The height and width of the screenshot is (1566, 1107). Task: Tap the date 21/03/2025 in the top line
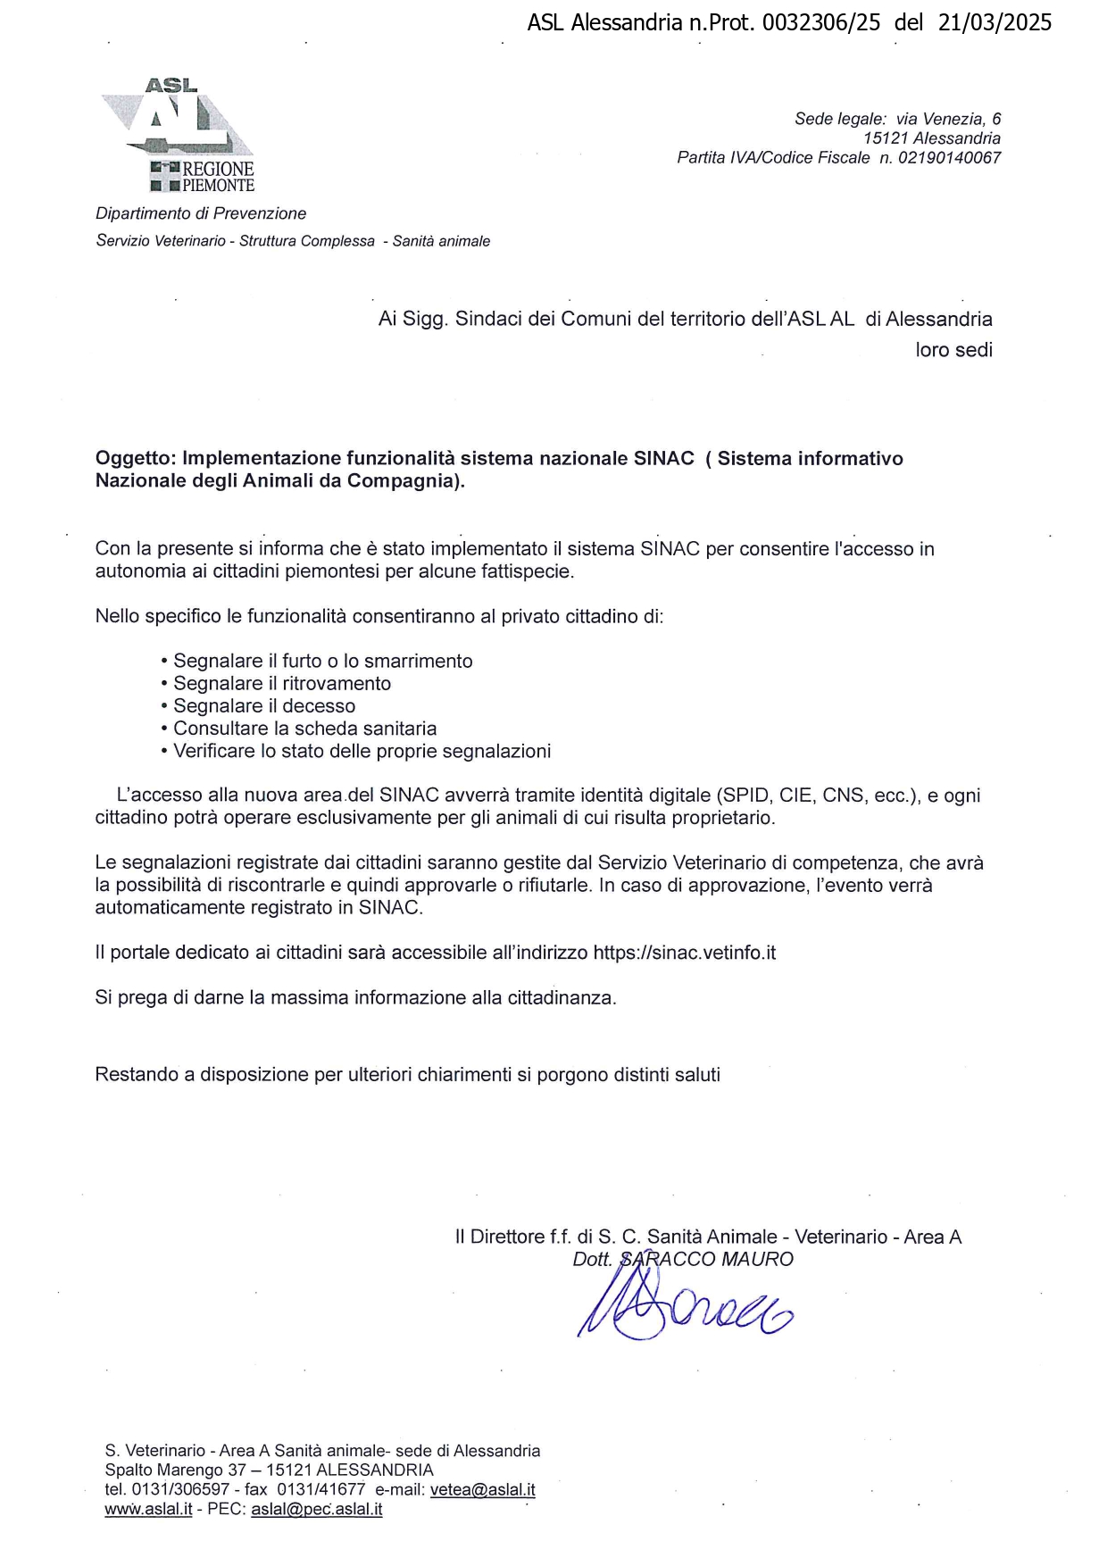click(995, 22)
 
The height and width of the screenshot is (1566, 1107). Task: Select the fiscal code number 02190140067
click(949, 158)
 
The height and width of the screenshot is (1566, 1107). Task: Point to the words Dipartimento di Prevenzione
click(201, 213)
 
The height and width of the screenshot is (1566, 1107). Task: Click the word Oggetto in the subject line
click(134, 458)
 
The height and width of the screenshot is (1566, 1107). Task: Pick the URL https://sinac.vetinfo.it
click(685, 953)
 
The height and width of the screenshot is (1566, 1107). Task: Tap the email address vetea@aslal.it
click(482, 1489)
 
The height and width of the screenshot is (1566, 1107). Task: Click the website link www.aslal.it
click(148, 1510)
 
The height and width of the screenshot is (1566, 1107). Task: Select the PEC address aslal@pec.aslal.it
click(316, 1510)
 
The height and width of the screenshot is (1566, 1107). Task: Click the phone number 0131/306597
click(180, 1489)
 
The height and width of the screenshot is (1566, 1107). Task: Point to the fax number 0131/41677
click(320, 1489)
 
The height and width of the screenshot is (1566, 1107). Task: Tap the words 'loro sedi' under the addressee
click(953, 350)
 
